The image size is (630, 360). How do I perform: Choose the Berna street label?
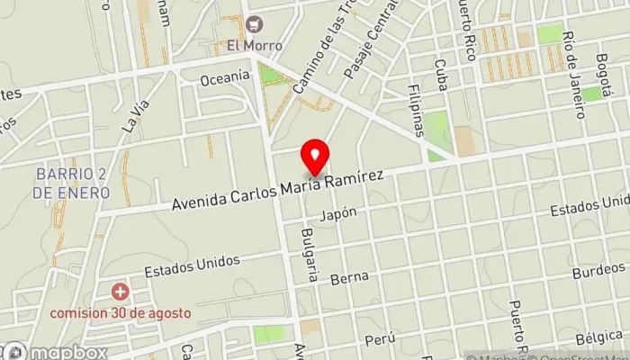click(347, 280)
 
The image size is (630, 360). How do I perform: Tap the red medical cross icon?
click(120, 292)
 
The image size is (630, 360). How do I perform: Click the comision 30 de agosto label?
click(121, 312)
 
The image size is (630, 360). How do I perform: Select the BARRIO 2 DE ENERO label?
click(74, 184)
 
